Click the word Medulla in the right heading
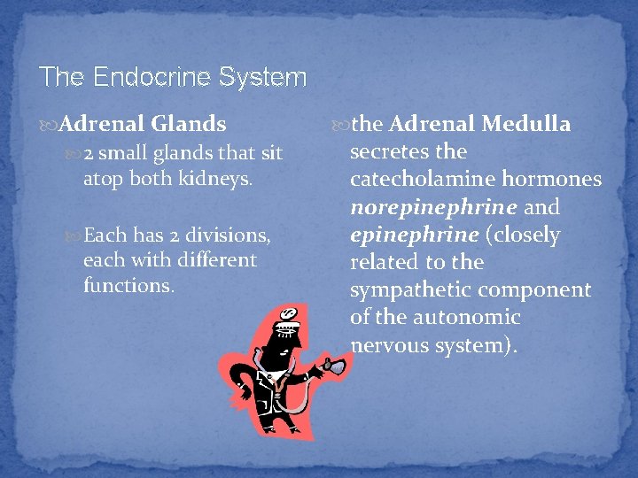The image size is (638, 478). pos(526,125)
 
